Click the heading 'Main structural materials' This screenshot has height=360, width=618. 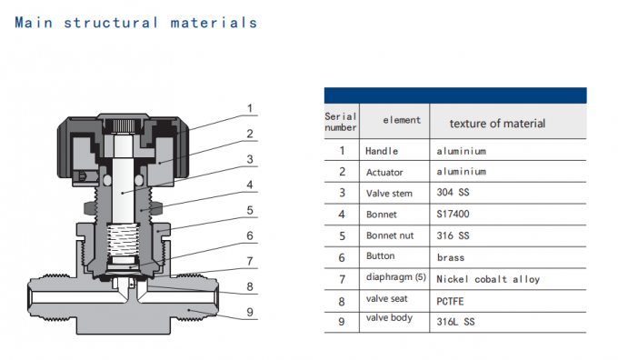(x=135, y=23)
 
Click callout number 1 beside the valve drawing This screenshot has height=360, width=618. (x=249, y=109)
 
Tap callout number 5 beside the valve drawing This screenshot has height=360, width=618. (x=249, y=209)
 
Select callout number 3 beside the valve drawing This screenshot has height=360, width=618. (x=249, y=159)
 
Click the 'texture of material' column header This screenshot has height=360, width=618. (x=497, y=123)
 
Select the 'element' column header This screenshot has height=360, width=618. (x=401, y=120)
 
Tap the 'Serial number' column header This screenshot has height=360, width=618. (x=341, y=122)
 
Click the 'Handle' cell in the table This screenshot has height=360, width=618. (x=382, y=151)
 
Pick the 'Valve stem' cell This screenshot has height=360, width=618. (x=388, y=193)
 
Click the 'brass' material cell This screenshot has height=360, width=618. (x=450, y=257)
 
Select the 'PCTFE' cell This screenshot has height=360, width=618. (x=451, y=300)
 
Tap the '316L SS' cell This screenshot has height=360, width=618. (x=455, y=321)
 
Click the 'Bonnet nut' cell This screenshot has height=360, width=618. (x=388, y=236)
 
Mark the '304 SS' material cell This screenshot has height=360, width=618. (x=452, y=193)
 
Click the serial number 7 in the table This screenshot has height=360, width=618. (x=342, y=279)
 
